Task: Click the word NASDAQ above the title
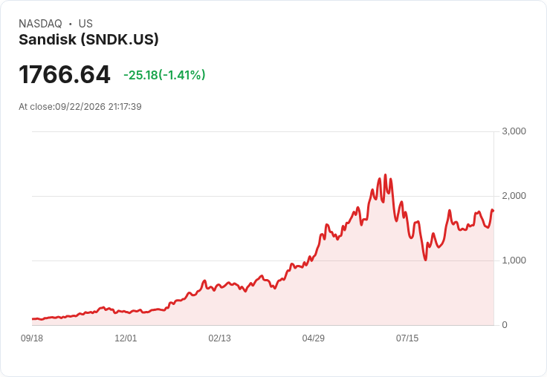click(40, 24)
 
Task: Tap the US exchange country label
click(85, 24)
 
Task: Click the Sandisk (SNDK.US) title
click(88, 39)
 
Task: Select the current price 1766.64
click(65, 74)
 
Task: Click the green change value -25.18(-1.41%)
click(164, 75)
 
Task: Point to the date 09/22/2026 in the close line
click(80, 107)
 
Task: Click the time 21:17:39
click(125, 107)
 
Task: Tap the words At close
click(36, 107)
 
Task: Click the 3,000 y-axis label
click(514, 131)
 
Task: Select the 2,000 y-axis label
click(514, 196)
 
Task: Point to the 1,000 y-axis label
click(514, 260)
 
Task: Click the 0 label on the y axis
click(505, 325)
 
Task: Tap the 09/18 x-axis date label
click(32, 338)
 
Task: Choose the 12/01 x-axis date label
click(126, 338)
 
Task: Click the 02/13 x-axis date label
click(219, 338)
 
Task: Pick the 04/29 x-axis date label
click(314, 338)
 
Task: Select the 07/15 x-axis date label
click(407, 338)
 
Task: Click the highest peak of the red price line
click(385, 174)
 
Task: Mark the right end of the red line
click(493, 211)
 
